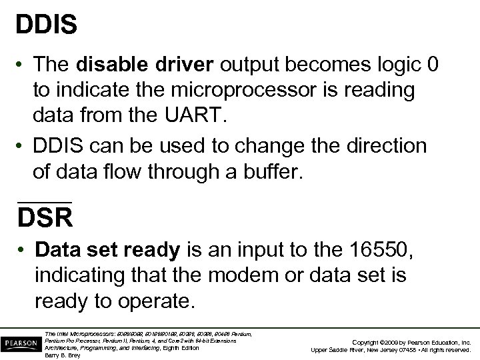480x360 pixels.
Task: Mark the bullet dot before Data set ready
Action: click(23, 251)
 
